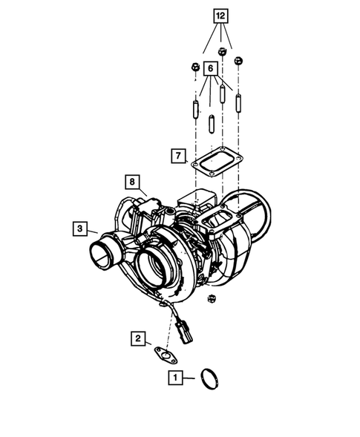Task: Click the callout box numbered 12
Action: point(220,16)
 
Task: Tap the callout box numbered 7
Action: point(177,156)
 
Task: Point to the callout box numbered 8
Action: point(131,181)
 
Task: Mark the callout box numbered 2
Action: point(139,338)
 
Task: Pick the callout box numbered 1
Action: point(175,377)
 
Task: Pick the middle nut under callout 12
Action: point(222,52)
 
